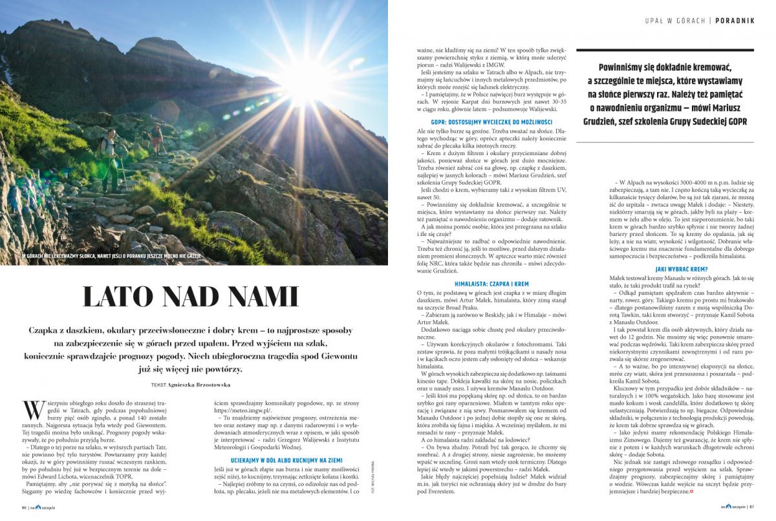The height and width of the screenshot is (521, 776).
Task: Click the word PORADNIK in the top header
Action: (735, 20)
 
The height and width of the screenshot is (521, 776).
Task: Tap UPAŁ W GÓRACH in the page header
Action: (674, 20)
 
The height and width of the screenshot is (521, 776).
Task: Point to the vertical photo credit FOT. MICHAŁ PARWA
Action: (374, 478)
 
